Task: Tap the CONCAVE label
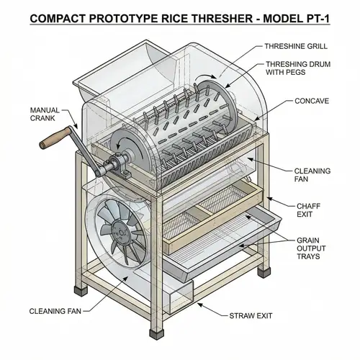[x=312, y=102]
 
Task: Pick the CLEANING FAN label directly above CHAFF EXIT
[x=312, y=176]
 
